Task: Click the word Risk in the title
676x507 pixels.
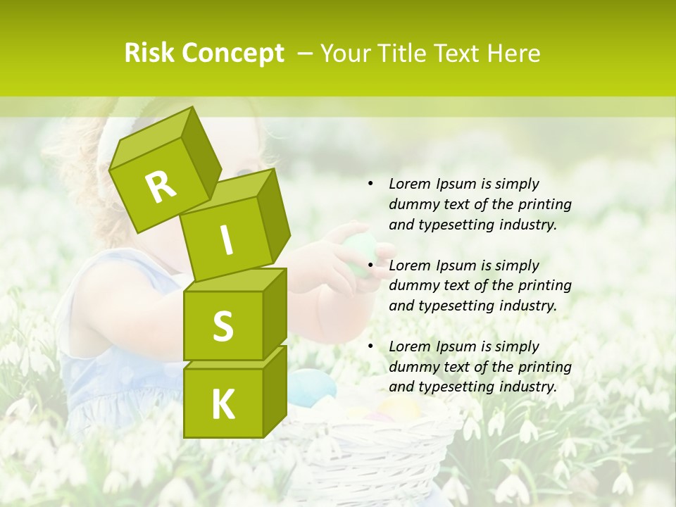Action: pyautogui.click(x=151, y=54)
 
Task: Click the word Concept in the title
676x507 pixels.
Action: pyautogui.click(x=233, y=54)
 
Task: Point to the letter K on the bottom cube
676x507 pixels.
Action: pyautogui.click(x=223, y=404)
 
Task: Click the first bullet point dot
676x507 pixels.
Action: pyautogui.click(x=370, y=184)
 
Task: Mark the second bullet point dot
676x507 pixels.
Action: pyautogui.click(x=370, y=266)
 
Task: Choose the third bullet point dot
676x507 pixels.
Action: pyautogui.click(x=370, y=347)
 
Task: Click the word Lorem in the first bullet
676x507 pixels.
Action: pyautogui.click(x=409, y=184)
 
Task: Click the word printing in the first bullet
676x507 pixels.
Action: pyautogui.click(x=544, y=204)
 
